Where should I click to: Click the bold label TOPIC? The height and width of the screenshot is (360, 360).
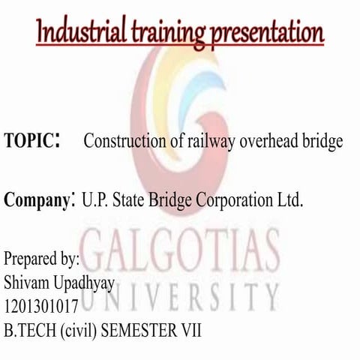point(29,141)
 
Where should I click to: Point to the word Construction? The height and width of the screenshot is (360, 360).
point(123,141)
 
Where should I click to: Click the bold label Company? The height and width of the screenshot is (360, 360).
point(37,201)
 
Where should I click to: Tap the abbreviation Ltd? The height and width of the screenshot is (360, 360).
point(289,200)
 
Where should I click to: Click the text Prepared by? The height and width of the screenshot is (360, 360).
point(42,260)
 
